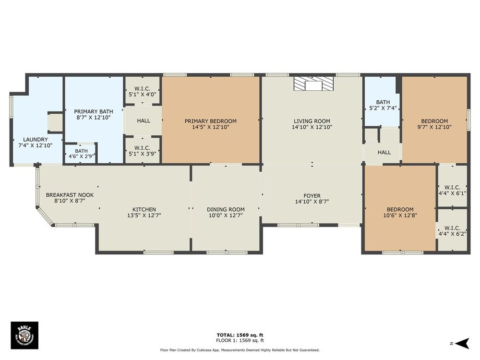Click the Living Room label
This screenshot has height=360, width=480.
tap(312, 121)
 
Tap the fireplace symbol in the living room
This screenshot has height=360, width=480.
tap(313, 84)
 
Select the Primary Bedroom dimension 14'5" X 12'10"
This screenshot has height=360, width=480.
tap(211, 127)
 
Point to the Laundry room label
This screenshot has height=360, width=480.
tap(36, 140)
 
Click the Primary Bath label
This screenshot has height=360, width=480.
tap(94, 111)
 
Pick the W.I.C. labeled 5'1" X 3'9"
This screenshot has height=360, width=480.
tap(143, 151)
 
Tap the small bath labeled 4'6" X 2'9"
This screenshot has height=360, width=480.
tap(81, 154)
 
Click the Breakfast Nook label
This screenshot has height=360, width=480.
tap(70, 195)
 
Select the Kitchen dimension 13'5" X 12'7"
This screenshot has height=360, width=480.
tap(144, 216)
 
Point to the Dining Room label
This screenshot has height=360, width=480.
tap(226, 210)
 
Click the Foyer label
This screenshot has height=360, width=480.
tap(312, 196)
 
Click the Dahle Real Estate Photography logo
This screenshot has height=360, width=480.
tap(24, 335)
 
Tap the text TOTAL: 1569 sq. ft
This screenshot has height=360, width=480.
tap(240, 335)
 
